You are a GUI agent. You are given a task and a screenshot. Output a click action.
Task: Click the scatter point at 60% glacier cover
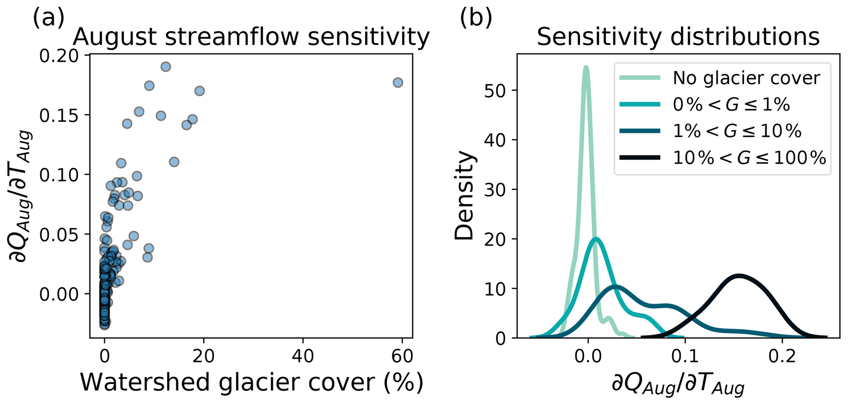point(398,82)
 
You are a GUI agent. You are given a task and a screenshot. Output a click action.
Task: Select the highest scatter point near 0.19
point(166,66)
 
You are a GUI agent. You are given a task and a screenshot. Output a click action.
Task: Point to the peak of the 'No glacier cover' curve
point(586,68)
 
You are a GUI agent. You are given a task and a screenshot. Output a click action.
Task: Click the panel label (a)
point(48,17)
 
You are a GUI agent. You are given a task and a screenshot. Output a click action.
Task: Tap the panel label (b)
point(476,17)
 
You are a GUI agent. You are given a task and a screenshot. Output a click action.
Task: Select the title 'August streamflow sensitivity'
point(251,37)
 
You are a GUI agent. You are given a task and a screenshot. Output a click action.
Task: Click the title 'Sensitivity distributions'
point(678,37)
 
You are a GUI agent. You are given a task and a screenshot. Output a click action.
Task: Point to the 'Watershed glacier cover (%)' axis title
point(251,382)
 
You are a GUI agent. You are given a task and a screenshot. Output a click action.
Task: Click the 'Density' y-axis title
point(464,196)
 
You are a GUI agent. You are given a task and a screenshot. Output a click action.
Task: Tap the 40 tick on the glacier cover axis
point(303,356)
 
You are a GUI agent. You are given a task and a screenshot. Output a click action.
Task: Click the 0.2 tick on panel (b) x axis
point(782,356)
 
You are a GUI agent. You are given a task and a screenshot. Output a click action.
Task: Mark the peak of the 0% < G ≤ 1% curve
point(596,239)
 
